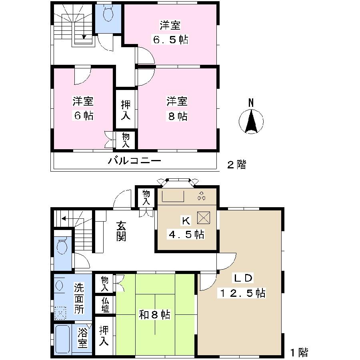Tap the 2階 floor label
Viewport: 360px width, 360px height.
[x=236, y=164]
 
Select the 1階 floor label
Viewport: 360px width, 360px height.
[x=299, y=352]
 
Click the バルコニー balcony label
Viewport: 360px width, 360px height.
[x=134, y=161]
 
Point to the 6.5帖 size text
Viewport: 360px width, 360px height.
[x=170, y=40]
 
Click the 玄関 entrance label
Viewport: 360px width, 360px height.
[x=122, y=232]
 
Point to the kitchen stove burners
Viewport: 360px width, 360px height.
[x=201, y=196]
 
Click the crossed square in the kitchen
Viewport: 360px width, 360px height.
[x=204, y=218]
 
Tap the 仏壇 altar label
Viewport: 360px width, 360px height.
[x=105, y=305]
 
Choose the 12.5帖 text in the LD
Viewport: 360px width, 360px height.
[x=242, y=293]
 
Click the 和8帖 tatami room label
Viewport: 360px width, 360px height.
[x=154, y=315]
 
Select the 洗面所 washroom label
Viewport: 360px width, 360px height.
[x=79, y=298]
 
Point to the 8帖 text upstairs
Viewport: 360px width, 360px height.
[x=177, y=116]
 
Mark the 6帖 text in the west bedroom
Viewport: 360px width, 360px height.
[x=83, y=116]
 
